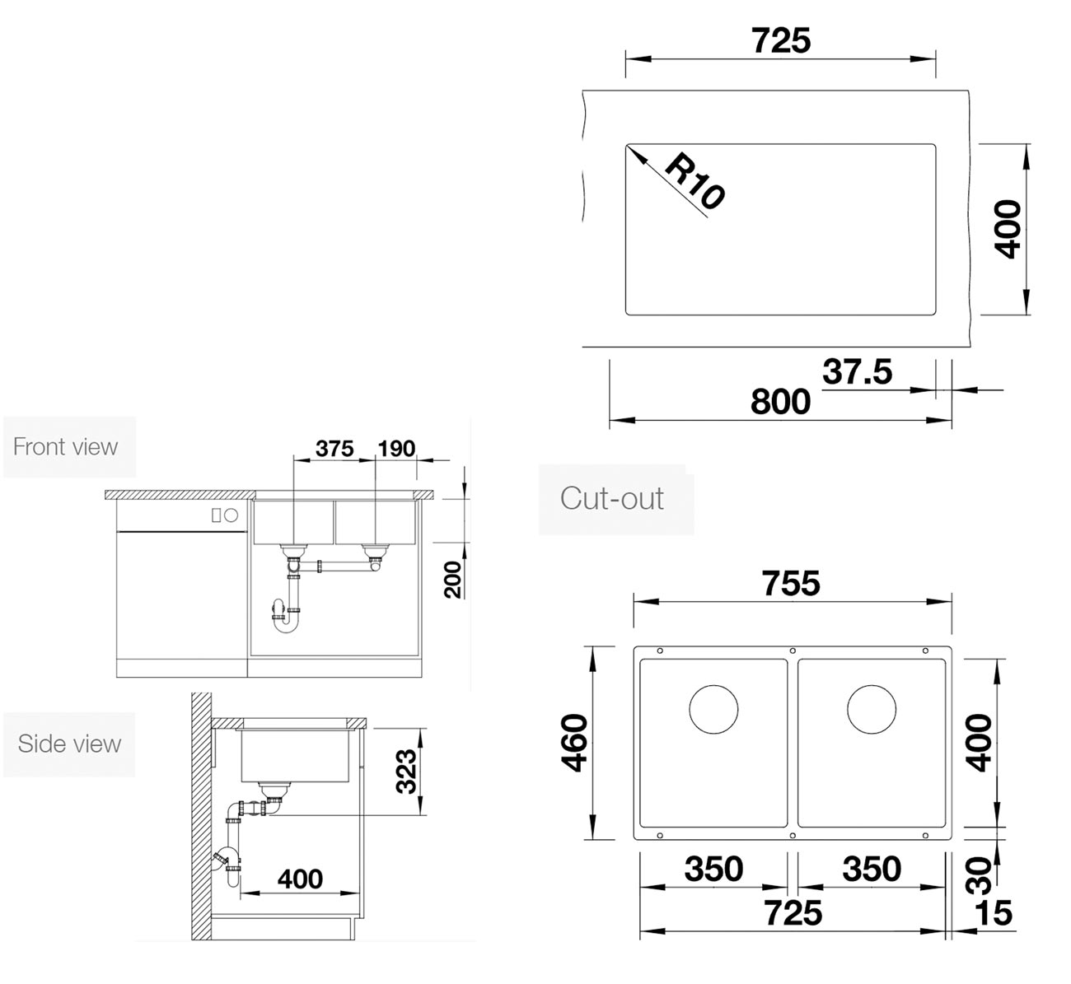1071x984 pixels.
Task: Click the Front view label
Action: click(65, 446)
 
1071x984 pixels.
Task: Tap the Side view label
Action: click(69, 744)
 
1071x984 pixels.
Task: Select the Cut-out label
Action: click(612, 498)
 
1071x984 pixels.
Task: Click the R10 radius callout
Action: click(695, 181)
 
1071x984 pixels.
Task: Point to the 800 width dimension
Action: click(780, 402)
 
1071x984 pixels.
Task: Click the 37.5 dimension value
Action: click(857, 371)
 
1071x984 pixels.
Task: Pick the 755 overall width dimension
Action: click(791, 583)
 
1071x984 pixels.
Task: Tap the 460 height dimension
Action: click(575, 743)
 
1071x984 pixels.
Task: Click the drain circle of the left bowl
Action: click(713, 709)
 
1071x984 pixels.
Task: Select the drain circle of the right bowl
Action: click(872, 709)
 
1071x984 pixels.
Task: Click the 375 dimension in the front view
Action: click(334, 448)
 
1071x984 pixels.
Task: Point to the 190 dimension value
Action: click(397, 448)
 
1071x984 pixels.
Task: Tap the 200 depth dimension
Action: click(453, 580)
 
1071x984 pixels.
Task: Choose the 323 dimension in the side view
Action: click(406, 771)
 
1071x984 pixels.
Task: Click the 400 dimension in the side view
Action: click(300, 879)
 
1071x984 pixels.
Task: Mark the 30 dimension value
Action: click(979, 875)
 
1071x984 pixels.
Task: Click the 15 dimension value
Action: click(993, 912)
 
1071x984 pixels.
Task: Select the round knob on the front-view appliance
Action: click(231, 515)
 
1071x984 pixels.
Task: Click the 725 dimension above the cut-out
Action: click(781, 40)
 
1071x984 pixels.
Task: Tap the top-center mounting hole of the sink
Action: click(793, 651)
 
